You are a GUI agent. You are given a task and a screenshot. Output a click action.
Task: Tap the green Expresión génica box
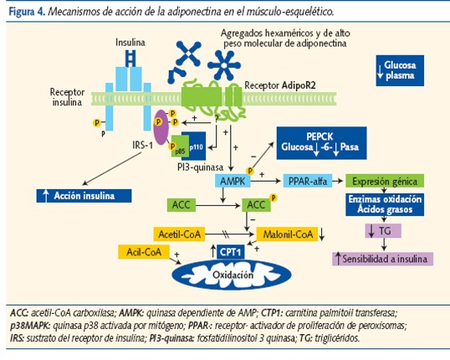click(x=386, y=181)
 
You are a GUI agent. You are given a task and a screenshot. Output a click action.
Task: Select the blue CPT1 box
click(x=229, y=251)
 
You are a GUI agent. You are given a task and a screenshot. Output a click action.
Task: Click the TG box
click(x=385, y=229)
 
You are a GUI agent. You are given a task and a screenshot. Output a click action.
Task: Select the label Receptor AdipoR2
click(x=280, y=86)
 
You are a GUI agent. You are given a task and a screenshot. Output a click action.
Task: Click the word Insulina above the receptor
click(x=130, y=40)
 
